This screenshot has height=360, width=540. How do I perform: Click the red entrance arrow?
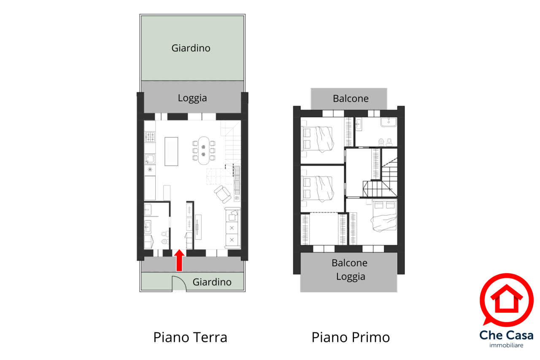pyautogui.click(x=179, y=261)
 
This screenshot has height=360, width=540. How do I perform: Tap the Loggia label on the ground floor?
pyautogui.click(x=192, y=98)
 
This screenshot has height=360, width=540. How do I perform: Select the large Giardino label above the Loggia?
pyautogui.click(x=191, y=48)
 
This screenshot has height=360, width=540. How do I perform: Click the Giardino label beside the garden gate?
pyautogui.click(x=212, y=282)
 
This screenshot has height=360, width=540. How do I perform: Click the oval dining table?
pyautogui.click(x=204, y=150)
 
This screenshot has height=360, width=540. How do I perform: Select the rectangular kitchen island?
pyautogui.click(x=171, y=152)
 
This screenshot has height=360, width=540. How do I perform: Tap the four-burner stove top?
pyautogui.click(x=150, y=137)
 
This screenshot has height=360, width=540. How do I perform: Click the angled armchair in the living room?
pyautogui.click(x=222, y=194)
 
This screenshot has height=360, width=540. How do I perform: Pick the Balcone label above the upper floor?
pyautogui.click(x=351, y=99)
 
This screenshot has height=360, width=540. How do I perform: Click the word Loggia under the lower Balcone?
pyautogui.click(x=351, y=277)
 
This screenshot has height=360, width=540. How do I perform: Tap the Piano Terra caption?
pyautogui.click(x=190, y=337)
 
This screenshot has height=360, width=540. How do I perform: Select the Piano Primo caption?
pyautogui.click(x=351, y=337)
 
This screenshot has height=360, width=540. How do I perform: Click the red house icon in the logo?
pyautogui.click(x=507, y=298)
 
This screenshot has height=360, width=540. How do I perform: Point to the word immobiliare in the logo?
pyautogui.click(x=506, y=345)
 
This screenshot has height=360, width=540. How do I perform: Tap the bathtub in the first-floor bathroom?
pyautogui.click(x=389, y=122)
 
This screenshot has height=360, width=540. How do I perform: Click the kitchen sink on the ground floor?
pyautogui.click(x=150, y=159)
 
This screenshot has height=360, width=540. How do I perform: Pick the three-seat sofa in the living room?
pyautogui.click(x=232, y=228)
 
